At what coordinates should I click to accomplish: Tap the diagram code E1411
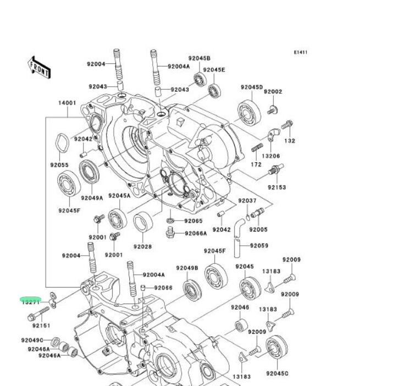tap(300, 53)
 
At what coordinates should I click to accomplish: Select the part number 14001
tap(67, 103)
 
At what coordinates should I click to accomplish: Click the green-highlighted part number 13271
tap(31, 301)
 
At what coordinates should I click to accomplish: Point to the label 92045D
tap(252, 87)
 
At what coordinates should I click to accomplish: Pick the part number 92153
tap(277, 188)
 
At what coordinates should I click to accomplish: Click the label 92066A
tap(196, 233)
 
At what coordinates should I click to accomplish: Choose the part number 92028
tap(142, 246)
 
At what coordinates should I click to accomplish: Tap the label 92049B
tap(187, 268)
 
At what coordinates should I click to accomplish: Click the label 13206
tap(270, 156)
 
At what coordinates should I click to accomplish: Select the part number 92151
tap(41, 326)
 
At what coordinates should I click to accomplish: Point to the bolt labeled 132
tap(286, 126)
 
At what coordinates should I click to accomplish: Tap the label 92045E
tap(214, 70)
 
